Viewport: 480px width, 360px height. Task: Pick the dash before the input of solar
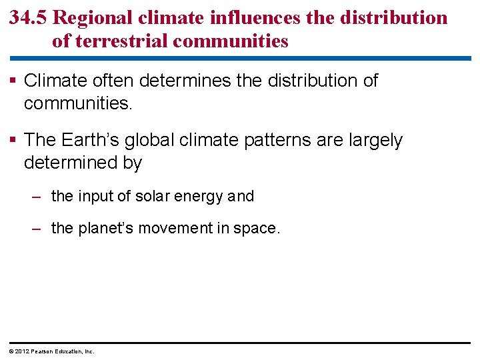coord(39,197)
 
